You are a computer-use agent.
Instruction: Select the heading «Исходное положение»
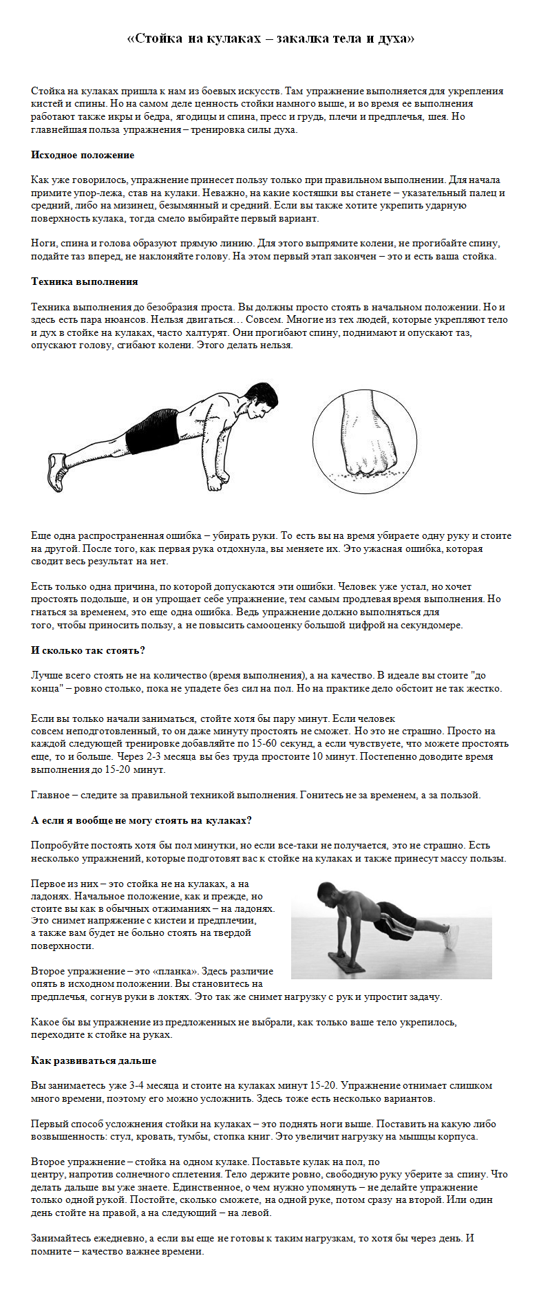point(83,155)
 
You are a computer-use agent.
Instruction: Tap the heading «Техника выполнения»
point(84,281)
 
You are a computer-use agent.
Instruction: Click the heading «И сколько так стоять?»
point(87,650)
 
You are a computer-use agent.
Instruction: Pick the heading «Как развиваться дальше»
point(94,1060)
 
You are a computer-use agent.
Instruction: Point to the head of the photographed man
point(327,894)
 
